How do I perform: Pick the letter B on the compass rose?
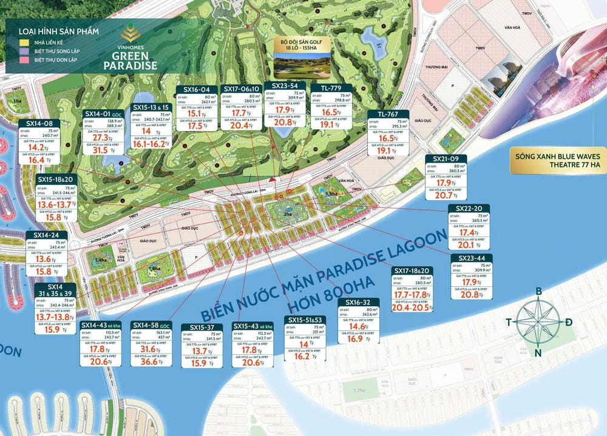click(x=538, y=292)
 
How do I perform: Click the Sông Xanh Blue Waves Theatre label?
click(x=557, y=159)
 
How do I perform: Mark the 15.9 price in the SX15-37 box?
click(x=198, y=363)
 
